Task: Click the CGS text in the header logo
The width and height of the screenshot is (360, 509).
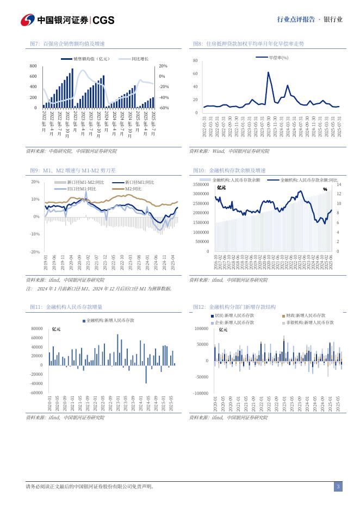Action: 103,20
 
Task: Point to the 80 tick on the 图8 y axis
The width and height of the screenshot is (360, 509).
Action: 195,61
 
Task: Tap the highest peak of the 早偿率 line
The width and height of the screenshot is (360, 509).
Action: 268,72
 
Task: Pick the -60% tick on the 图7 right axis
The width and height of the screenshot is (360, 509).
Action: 163,108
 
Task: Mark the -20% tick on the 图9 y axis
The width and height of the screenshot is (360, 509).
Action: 35,252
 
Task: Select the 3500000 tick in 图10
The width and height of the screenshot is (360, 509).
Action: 201,185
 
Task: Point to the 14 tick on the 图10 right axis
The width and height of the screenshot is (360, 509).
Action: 339,185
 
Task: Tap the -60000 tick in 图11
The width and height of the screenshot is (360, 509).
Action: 36,393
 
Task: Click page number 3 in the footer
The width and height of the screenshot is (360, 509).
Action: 338,487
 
